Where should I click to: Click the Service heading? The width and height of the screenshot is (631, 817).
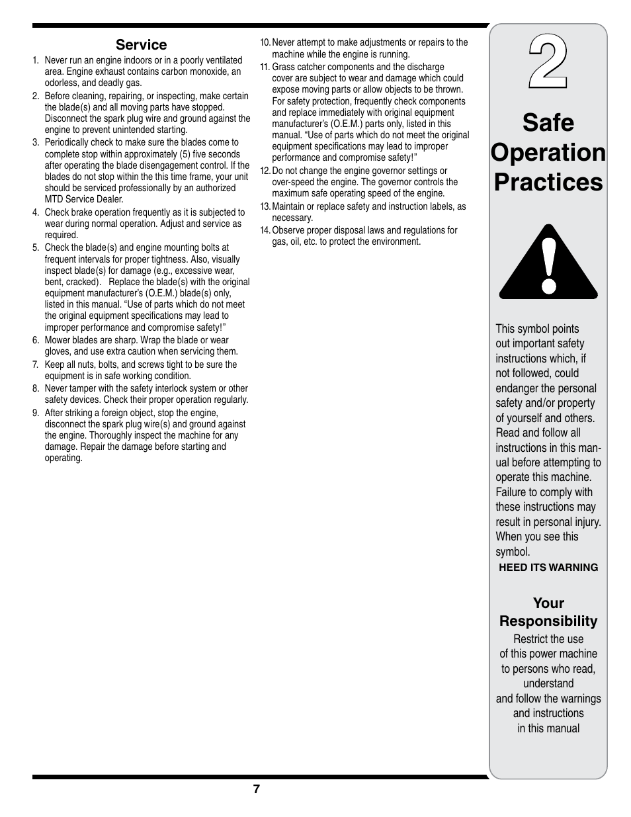pyautogui.click(x=141, y=45)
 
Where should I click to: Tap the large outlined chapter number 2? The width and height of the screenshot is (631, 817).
pyautogui.click(x=548, y=64)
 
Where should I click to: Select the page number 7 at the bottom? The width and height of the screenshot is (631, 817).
pyautogui.click(x=256, y=789)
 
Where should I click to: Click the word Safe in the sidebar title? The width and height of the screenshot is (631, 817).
pyautogui.click(x=548, y=123)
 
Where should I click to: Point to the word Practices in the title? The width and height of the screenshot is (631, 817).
pyautogui.click(x=548, y=182)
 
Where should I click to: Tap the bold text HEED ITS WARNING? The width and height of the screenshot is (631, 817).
pyautogui.click(x=548, y=568)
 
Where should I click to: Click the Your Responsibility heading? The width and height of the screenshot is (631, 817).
pyautogui.click(x=548, y=612)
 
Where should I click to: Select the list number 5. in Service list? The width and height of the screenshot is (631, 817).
pyautogui.click(x=36, y=248)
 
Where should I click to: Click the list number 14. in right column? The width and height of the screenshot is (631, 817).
pyautogui.click(x=265, y=230)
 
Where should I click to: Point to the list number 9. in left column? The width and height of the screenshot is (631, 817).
pyautogui.click(x=36, y=413)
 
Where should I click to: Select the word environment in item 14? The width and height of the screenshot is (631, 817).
pyautogui.click(x=397, y=242)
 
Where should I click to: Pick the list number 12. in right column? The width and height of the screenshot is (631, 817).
pyautogui.click(x=265, y=171)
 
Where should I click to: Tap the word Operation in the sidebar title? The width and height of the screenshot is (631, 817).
pyautogui.click(x=548, y=153)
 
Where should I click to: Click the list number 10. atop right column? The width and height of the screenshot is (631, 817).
pyautogui.click(x=265, y=43)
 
